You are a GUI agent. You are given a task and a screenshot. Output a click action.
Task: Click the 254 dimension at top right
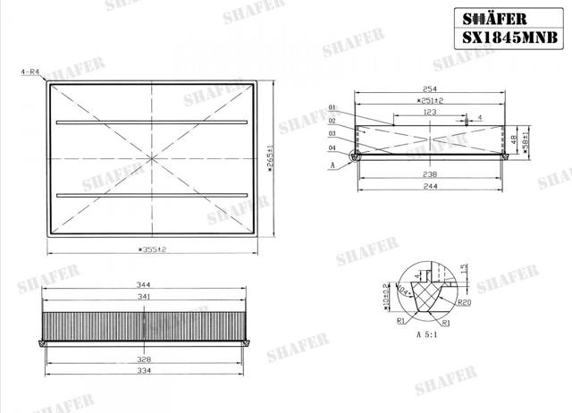(430, 88)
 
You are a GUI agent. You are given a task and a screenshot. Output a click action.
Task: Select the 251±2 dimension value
(430, 101)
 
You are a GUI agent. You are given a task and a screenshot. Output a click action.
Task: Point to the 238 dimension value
(430, 175)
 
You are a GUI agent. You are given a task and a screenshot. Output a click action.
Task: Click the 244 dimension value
(430, 187)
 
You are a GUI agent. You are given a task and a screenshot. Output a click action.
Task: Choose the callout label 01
(332, 107)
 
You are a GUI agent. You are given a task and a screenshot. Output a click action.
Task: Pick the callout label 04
(332, 147)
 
